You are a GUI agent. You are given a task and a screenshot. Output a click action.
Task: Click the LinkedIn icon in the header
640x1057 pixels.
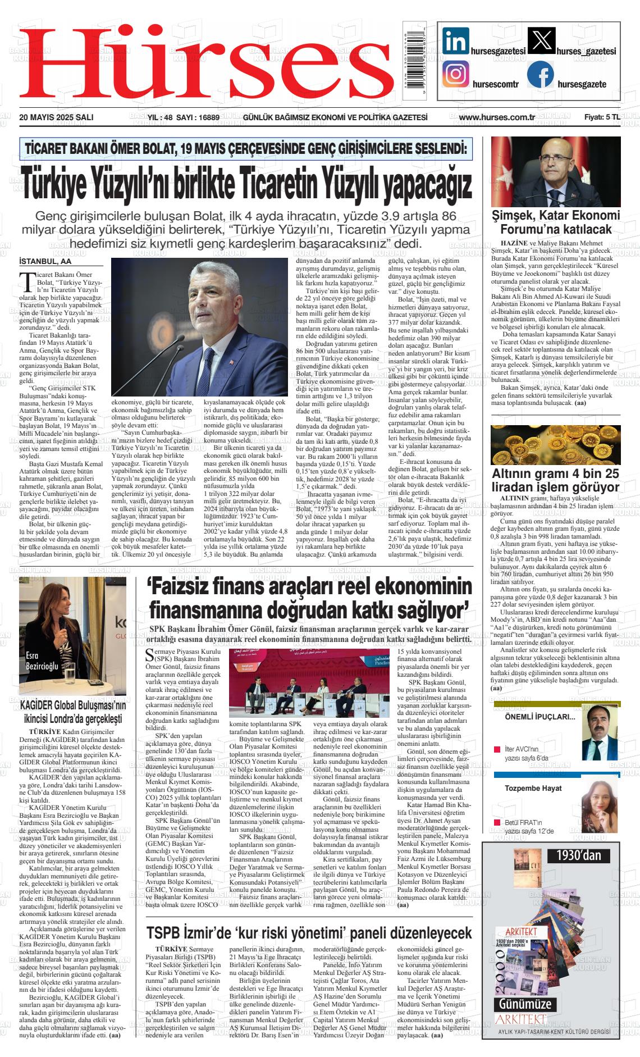point(455,41)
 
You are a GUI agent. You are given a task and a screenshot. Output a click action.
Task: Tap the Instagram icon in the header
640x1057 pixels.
point(455,73)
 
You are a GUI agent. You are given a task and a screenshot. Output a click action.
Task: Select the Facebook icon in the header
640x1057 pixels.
point(540,75)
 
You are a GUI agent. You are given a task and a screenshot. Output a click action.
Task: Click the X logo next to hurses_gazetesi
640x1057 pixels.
point(541,41)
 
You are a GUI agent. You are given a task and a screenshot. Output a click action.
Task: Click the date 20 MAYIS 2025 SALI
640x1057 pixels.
point(56,117)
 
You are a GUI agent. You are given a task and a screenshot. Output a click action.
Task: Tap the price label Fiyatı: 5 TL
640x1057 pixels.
point(602,117)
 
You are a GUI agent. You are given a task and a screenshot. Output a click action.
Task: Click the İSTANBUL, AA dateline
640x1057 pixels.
point(45,261)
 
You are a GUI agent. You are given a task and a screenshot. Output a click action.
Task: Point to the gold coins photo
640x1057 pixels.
point(556,444)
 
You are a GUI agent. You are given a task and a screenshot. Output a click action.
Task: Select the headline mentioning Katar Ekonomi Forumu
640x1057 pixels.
point(556,222)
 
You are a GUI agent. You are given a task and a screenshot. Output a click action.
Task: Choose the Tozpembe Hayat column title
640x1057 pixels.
point(533,788)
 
